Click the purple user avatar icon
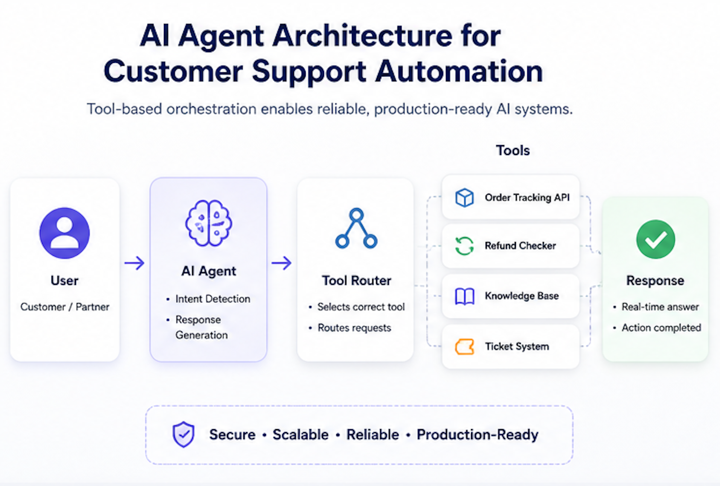tap(65, 233)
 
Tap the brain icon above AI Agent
tap(209, 223)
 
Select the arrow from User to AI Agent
tap(134, 263)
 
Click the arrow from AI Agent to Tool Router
tap(282, 263)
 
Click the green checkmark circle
tap(656, 239)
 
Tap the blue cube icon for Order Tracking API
tap(464, 198)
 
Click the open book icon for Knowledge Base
tap(464, 296)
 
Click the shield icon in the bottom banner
tap(183, 434)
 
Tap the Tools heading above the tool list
tap(513, 150)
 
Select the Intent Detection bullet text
tap(213, 299)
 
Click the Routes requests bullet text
tap(354, 328)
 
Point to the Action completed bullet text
tap(661, 328)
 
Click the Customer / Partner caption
tap(65, 307)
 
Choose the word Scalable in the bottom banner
tap(300, 434)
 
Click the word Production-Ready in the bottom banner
tap(478, 435)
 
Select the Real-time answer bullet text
tap(660, 307)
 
